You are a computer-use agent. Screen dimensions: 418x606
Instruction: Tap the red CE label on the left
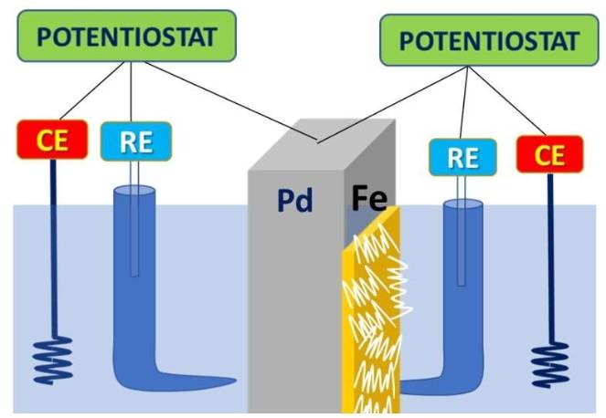click(x=51, y=141)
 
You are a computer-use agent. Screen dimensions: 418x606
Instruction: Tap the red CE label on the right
click(x=549, y=154)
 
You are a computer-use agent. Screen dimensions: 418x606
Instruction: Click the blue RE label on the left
click(x=135, y=141)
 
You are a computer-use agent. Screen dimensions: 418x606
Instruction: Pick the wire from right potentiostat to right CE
click(x=513, y=99)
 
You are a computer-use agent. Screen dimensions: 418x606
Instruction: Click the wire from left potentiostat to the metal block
click(x=229, y=100)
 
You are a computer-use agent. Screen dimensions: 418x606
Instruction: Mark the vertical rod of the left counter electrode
click(x=52, y=246)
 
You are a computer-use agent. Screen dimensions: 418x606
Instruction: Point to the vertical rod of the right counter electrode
click(x=550, y=256)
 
